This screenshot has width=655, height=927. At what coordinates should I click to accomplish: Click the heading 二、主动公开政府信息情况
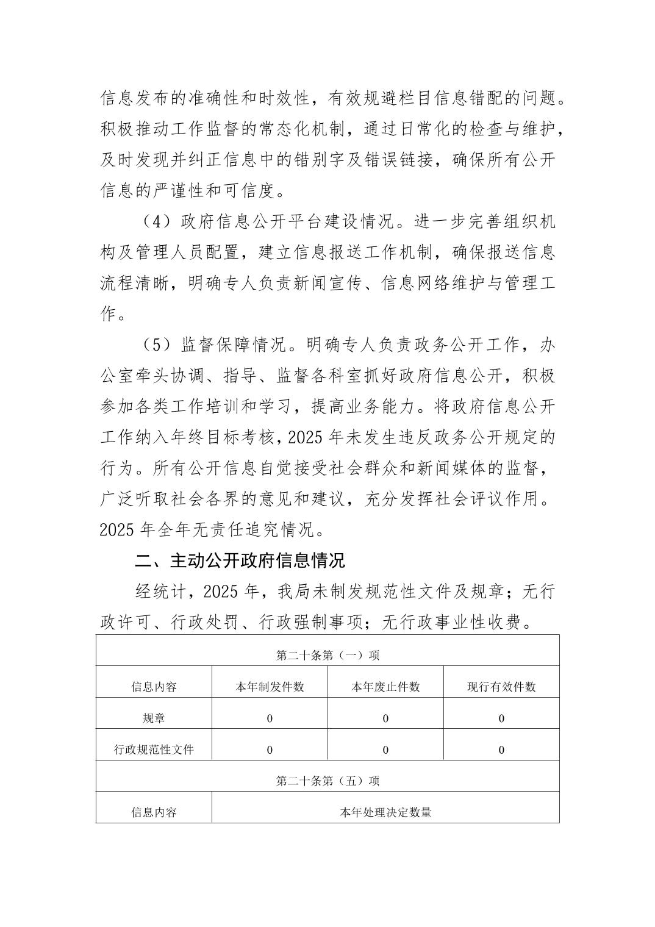pyautogui.click(x=240, y=560)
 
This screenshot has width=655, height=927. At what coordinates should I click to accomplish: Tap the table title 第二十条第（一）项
pyautogui.click(x=327, y=655)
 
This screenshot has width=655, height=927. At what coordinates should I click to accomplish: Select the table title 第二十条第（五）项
pyautogui.click(x=327, y=781)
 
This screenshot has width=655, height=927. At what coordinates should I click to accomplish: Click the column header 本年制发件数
pyautogui.click(x=270, y=687)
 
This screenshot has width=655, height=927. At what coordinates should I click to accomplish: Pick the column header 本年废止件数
pyautogui.click(x=385, y=687)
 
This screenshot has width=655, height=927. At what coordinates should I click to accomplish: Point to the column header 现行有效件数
pyautogui.click(x=501, y=687)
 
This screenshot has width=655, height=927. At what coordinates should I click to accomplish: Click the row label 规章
pyautogui.click(x=154, y=718)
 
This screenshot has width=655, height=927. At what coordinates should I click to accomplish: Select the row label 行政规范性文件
pyautogui.click(x=154, y=750)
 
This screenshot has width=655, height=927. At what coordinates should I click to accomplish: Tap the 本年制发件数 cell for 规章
pyautogui.click(x=270, y=718)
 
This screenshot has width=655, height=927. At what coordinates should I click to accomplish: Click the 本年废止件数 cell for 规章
pyautogui.click(x=385, y=718)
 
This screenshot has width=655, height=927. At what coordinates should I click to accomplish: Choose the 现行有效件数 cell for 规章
pyautogui.click(x=501, y=718)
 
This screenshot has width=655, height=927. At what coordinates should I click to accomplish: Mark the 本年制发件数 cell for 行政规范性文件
pyautogui.click(x=270, y=750)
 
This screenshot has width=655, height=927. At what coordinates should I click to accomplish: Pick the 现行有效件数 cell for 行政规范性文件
pyautogui.click(x=501, y=750)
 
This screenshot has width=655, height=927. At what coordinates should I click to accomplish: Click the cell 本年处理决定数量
pyautogui.click(x=385, y=812)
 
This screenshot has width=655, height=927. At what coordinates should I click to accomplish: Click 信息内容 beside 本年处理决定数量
pyautogui.click(x=154, y=812)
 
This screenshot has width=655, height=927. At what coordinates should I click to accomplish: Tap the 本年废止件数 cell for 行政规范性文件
pyautogui.click(x=385, y=750)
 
